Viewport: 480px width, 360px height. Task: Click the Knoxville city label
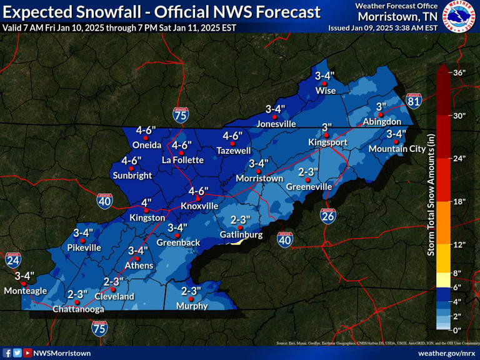[x=199, y=206]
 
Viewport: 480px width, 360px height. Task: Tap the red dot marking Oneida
[x=146, y=137]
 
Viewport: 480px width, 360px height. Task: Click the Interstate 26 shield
[x=328, y=216]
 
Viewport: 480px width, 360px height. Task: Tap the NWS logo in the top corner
[x=460, y=17]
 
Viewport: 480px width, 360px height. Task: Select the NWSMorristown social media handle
[x=62, y=353]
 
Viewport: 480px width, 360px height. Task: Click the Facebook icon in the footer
[x=7, y=353]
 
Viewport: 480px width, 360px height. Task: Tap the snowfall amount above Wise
[x=325, y=76]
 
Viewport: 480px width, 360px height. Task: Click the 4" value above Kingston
[x=146, y=202]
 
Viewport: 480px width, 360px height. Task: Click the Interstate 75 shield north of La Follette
[x=180, y=113]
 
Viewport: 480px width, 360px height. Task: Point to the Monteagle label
[x=25, y=291]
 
